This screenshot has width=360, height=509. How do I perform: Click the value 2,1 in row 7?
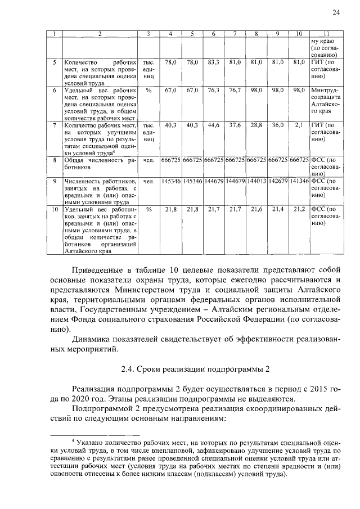click(299, 125)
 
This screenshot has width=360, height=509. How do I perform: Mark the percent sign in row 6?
click(148, 90)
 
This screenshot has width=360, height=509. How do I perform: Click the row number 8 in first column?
click(55, 161)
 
